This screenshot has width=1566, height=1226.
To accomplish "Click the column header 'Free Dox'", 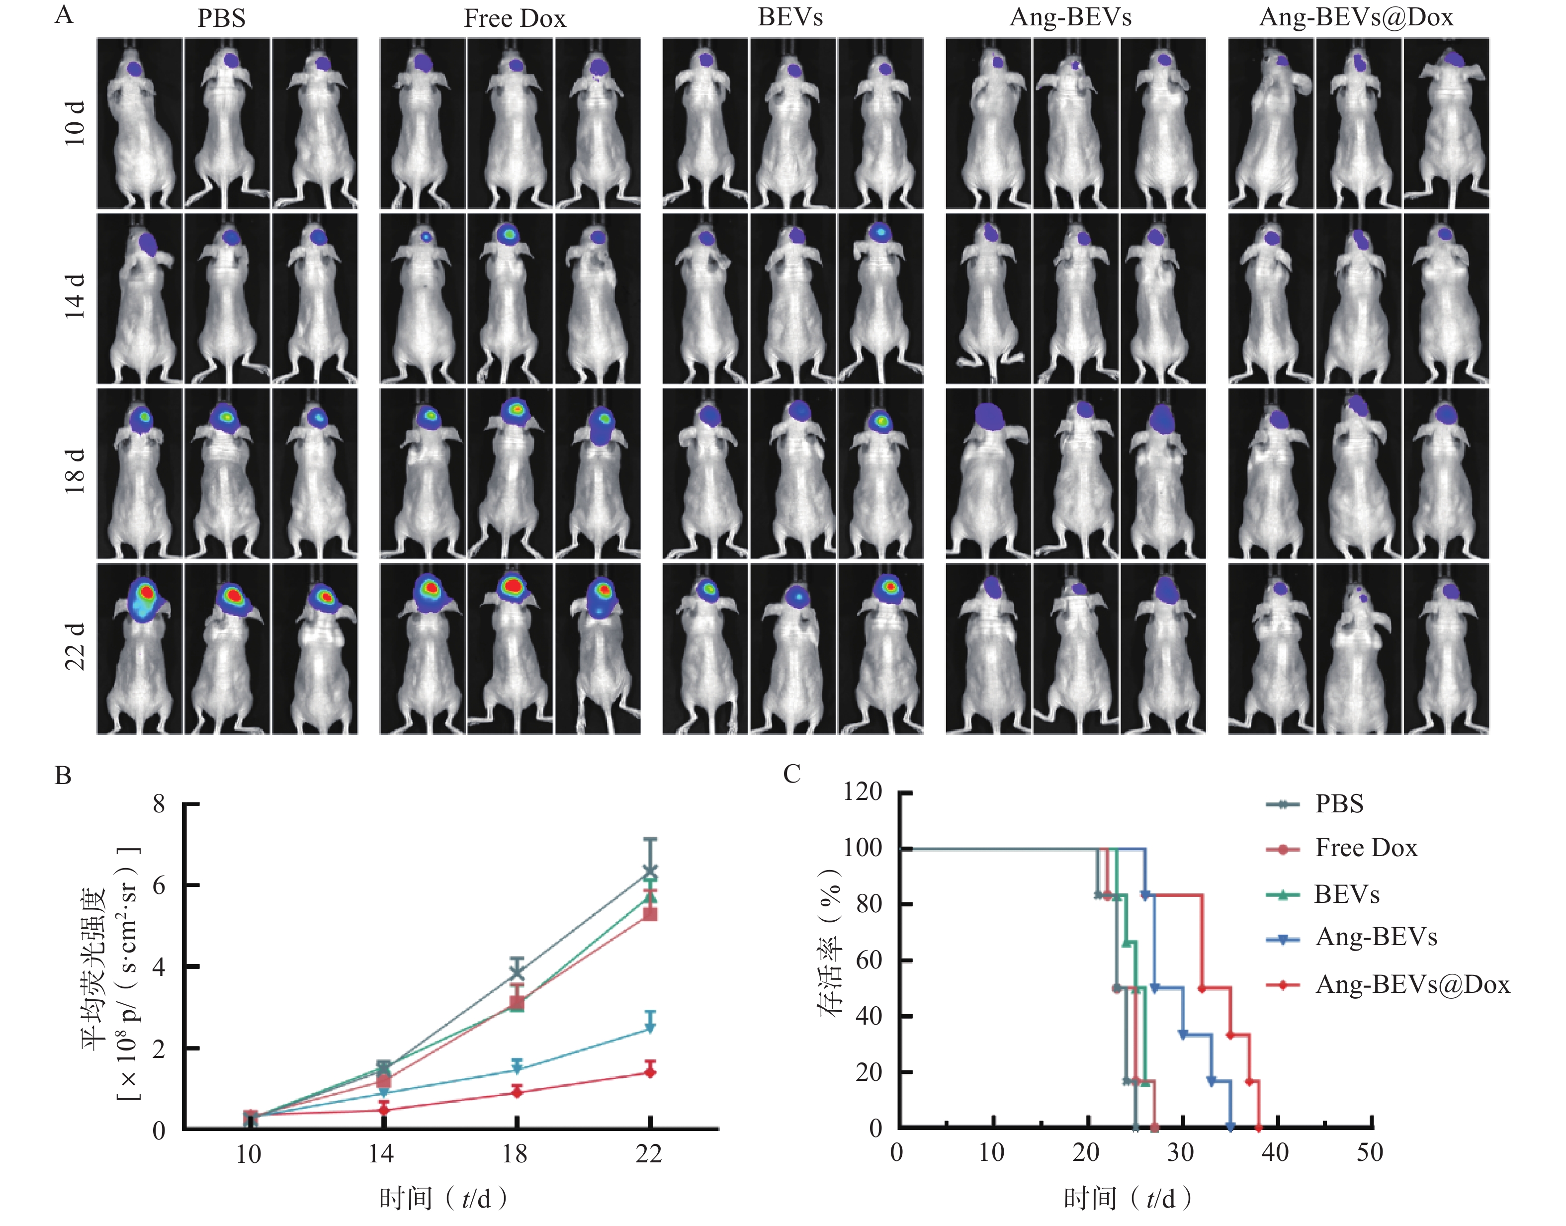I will coord(515,18).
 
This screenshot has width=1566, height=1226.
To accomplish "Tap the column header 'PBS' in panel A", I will coord(221,18).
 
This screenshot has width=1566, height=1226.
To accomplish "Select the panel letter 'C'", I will coord(791,774).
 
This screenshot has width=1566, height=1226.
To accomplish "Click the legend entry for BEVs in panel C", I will coord(1346,894).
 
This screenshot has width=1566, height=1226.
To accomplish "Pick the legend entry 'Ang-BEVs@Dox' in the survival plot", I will coord(1412,984).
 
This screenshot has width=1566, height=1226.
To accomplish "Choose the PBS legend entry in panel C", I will coord(1338,804).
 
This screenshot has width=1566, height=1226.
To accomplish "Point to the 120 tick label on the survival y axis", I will coord(862,792).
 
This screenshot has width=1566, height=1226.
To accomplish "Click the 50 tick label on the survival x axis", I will coord(1369,1152).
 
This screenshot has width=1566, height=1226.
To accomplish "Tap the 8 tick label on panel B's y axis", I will coord(159,803).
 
